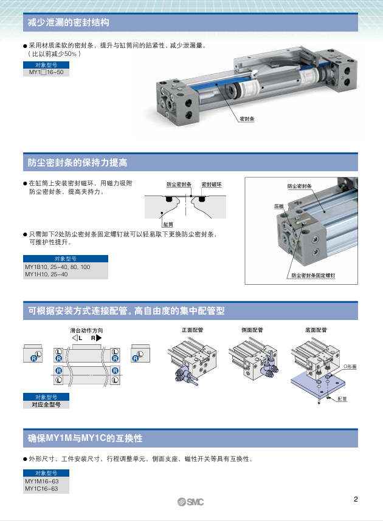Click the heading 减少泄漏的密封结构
[x=69, y=23]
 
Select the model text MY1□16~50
[x=46, y=72]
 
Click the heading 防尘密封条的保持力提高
[x=77, y=163]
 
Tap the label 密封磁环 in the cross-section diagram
[x=212, y=184]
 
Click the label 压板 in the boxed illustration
[x=279, y=206]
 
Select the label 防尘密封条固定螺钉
[x=313, y=275]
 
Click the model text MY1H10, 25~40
[x=46, y=274]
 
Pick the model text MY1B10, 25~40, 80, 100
[x=57, y=267]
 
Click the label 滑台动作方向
[x=86, y=330]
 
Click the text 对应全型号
[x=46, y=404]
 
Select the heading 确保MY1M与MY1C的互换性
[x=85, y=438]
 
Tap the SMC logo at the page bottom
[x=191, y=502]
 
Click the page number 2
[x=356, y=500]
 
